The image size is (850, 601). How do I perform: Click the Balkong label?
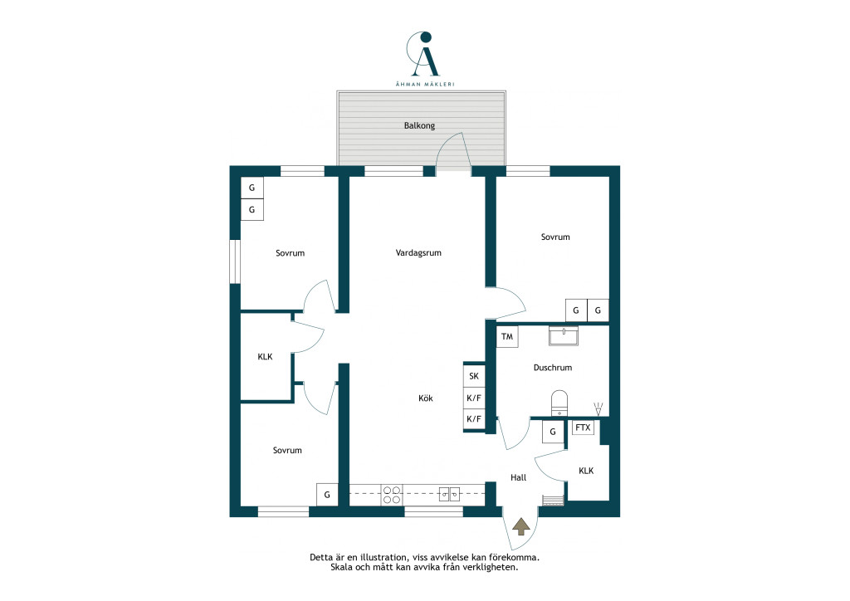pos(419,125)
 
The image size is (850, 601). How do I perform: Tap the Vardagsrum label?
pos(418,252)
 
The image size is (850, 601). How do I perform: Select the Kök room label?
pos(426,398)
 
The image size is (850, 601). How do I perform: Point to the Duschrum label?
pos(552,368)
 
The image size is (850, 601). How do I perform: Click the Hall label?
pos(518,477)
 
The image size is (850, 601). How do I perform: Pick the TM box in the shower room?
pos(507,336)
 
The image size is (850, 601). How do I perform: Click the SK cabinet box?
pos(474,376)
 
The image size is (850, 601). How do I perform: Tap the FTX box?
pos(583,428)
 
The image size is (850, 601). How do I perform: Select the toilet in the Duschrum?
pos(559,403)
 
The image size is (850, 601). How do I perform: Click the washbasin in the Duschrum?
pos(564,335)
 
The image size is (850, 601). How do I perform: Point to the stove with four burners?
pos(392,495)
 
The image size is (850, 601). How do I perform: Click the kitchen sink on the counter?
pos(449,494)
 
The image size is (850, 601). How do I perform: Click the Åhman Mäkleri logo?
pos(424,59)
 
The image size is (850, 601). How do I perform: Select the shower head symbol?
pos(598,408)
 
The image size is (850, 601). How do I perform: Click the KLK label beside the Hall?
pos(586,471)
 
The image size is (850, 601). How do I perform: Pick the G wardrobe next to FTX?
pos(553,432)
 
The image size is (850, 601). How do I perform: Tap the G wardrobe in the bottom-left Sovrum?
pos(327,495)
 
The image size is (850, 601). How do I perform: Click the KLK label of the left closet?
pos(265,357)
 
